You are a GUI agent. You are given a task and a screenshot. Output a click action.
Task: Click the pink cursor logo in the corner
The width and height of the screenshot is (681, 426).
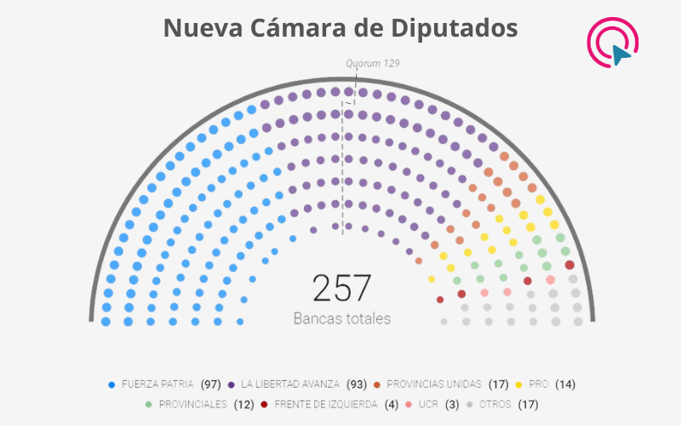614,41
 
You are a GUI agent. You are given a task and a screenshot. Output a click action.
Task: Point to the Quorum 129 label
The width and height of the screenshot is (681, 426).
372,63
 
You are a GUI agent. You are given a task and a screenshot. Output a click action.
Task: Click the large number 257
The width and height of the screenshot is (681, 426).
342,288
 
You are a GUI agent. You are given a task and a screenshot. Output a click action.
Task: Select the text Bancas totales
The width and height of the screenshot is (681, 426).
342,319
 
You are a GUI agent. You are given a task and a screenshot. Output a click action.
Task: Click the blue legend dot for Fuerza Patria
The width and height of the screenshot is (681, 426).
112,384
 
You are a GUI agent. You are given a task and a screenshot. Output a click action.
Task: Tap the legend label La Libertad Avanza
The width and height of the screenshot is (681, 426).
290,384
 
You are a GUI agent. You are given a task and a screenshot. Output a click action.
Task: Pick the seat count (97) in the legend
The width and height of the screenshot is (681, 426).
211,384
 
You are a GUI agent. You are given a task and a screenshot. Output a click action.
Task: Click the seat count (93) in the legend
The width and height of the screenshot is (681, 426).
357,384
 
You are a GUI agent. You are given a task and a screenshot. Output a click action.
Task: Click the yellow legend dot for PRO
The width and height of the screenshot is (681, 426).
518,384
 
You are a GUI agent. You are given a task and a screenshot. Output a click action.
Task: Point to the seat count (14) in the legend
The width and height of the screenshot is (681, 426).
565,384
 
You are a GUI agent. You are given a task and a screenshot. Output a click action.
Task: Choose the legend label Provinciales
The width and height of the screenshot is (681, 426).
192,404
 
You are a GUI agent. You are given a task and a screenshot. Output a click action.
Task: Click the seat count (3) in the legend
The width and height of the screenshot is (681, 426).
452,404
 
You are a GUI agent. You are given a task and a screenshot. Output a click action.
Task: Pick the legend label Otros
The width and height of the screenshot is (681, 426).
496,404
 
